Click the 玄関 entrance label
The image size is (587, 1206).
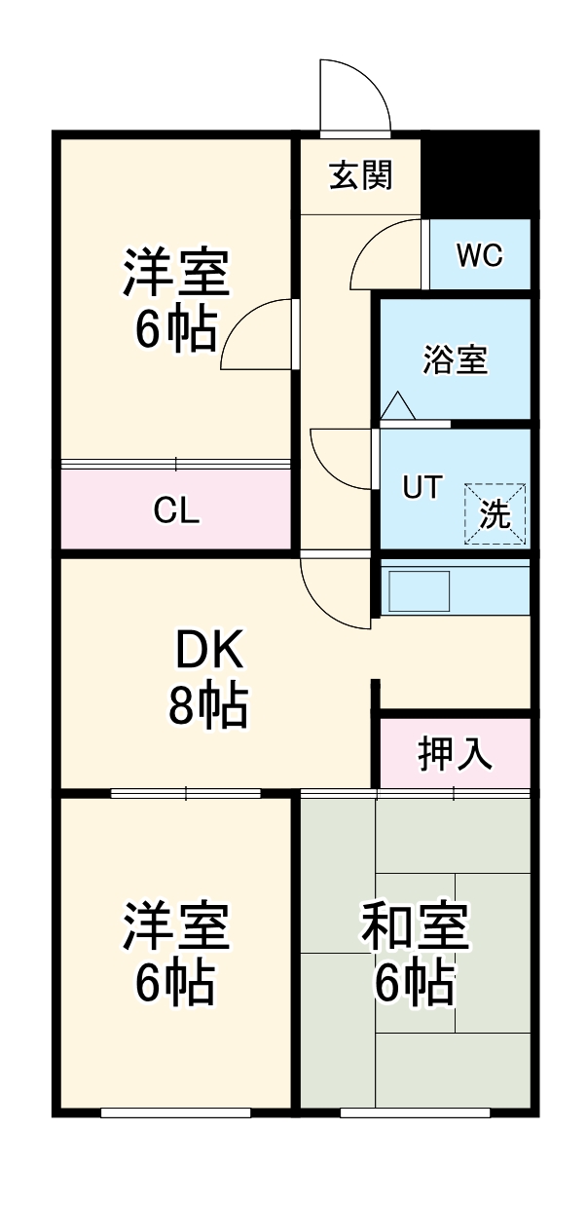click(360, 176)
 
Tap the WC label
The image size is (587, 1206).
click(479, 256)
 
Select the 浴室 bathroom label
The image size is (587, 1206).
click(455, 360)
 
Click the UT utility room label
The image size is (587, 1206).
click(423, 487)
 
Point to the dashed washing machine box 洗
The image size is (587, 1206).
click(495, 513)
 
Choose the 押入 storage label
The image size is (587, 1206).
click(455, 753)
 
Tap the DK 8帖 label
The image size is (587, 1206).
click(208, 679)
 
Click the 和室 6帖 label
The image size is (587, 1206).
click(416, 955)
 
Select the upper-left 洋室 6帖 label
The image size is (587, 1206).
click(176, 300)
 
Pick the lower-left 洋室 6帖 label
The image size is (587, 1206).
click(176, 955)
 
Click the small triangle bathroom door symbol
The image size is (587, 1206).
click(397, 407)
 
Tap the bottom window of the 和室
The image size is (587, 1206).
click(414, 1112)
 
